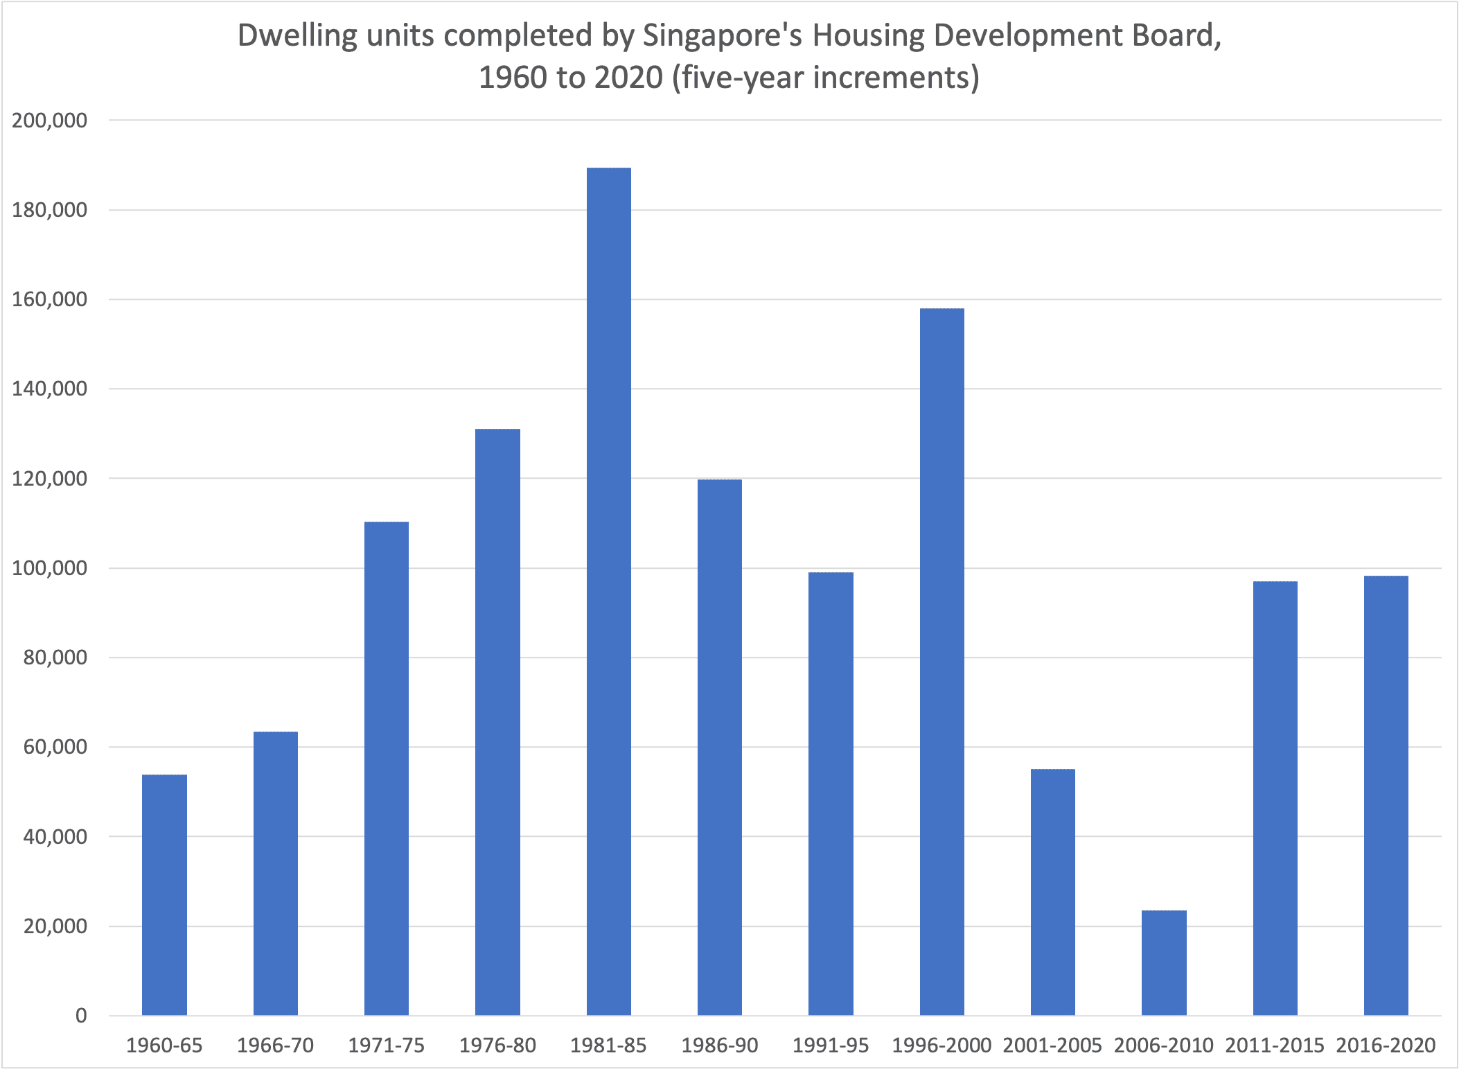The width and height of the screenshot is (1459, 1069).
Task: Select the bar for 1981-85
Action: [x=608, y=592]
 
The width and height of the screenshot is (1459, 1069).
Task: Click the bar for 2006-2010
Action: [x=1164, y=963]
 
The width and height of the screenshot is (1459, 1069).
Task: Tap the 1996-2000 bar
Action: [x=941, y=662]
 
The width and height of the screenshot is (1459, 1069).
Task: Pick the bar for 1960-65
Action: [x=164, y=895]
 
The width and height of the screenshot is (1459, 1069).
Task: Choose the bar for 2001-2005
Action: [x=1052, y=892]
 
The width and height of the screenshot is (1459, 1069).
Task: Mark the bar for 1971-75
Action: [x=387, y=768]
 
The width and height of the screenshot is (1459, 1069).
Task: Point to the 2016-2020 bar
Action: [x=1386, y=795]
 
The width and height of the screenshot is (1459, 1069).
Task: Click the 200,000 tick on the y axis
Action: [x=50, y=121]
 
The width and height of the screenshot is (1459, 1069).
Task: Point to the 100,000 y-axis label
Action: [x=50, y=568]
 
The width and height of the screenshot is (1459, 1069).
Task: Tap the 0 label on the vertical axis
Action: [x=81, y=1016]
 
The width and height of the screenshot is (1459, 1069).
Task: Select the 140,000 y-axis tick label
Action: [x=50, y=389]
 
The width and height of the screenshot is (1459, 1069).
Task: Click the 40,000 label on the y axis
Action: [x=55, y=837]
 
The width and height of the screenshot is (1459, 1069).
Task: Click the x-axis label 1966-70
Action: [x=275, y=1045]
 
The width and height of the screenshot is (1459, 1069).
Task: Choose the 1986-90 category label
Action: [x=719, y=1045]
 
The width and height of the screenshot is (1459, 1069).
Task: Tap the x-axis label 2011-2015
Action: [x=1274, y=1045]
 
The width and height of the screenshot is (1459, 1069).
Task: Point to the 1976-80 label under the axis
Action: [x=497, y=1045]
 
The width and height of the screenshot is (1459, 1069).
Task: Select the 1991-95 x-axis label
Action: [x=830, y=1045]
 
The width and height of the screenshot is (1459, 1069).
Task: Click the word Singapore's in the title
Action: [x=722, y=36]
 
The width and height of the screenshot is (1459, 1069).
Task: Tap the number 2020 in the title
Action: [x=628, y=78]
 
